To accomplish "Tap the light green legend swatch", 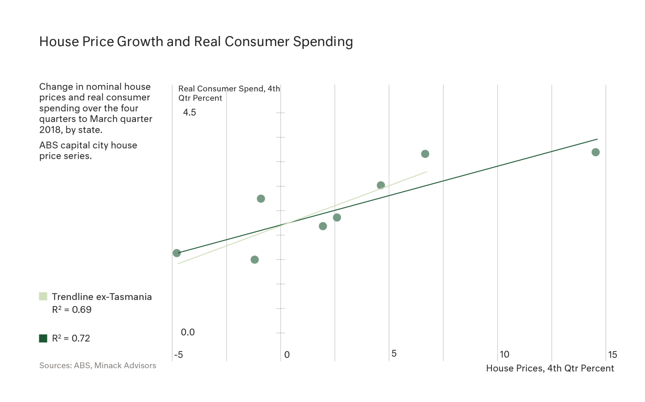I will tap(43, 296).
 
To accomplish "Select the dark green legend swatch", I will tap(43, 338).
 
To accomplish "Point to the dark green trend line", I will tap(499, 165).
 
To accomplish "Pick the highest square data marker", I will tap(425, 153).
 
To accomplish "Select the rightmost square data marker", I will tap(595, 152).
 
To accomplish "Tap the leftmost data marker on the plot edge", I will tap(177, 253).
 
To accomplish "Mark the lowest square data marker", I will tap(255, 260).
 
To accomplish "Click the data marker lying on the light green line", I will tap(380, 185).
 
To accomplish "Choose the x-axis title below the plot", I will tap(549, 369).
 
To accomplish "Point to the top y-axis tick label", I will tap(188, 112).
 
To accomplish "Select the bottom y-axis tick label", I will tap(189, 333).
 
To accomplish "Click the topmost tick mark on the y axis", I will tap(279, 112).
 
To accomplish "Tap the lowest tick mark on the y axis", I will tap(279, 333).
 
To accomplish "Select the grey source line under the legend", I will tap(96, 365).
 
